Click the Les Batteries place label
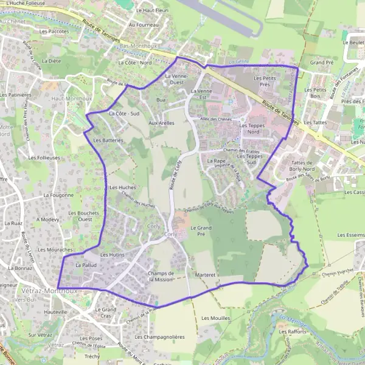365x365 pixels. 108,141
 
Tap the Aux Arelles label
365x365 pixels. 162,123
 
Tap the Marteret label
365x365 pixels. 206,275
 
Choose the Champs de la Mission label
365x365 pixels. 161,277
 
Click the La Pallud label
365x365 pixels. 86,266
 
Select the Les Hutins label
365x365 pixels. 112,255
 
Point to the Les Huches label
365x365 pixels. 123,188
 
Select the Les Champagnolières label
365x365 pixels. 159,336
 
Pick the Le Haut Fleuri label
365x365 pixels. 152,10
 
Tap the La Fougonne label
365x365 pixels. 58,195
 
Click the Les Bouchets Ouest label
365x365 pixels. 80,216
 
